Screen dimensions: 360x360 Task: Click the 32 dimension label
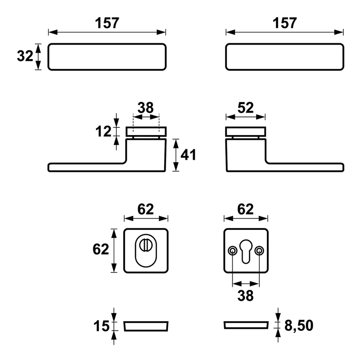pos(25,56)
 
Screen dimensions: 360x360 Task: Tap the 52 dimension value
pos(245,108)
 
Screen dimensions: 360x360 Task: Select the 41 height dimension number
pos(188,155)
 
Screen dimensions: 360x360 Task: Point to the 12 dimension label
pos(103,131)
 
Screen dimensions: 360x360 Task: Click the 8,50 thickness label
pos(299,325)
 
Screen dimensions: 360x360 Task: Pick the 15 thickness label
pos(101,326)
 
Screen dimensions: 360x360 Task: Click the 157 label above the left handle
pos(107,23)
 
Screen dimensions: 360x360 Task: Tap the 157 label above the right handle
pos(285,23)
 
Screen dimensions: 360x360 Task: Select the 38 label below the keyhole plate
pos(245,296)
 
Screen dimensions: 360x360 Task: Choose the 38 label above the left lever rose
pos(145,108)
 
